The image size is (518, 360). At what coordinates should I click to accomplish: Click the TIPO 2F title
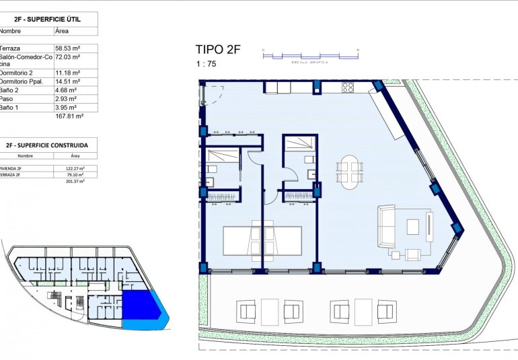pyautogui.click(x=217, y=49)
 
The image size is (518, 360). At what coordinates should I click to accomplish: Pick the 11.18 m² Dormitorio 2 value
pyautogui.click(x=67, y=73)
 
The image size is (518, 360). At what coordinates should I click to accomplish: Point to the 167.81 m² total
pyautogui.click(x=69, y=116)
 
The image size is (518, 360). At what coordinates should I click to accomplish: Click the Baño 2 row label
pyautogui.click(x=9, y=90)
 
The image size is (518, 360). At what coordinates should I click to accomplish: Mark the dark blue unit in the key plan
pyautogui.click(x=139, y=306)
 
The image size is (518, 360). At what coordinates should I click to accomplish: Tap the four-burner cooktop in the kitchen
pyautogui.click(x=348, y=87)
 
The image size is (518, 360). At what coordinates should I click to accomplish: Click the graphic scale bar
pyautogui.click(x=310, y=56)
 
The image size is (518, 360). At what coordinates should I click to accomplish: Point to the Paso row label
pyautogui.click(x=8, y=99)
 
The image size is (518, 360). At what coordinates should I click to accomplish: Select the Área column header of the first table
pyautogui.click(x=61, y=31)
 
